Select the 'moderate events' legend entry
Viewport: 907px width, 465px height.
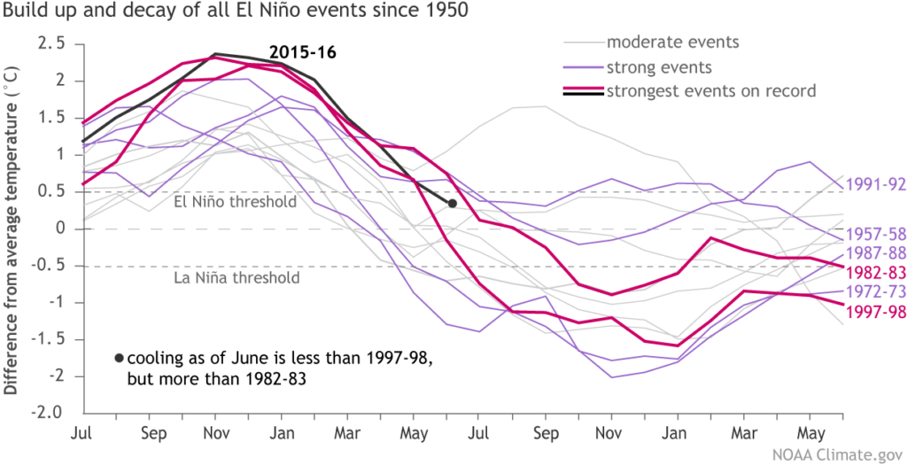tap(672, 42)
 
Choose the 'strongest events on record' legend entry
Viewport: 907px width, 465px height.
tap(709, 90)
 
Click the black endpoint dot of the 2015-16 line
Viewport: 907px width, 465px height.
tap(452, 204)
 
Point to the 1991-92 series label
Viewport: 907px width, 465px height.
tap(875, 185)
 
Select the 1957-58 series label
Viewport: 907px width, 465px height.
tap(875, 235)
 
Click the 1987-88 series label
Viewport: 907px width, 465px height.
tap(875, 254)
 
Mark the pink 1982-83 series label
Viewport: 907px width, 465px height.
tap(875, 272)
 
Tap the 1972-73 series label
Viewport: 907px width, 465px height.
tap(875, 291)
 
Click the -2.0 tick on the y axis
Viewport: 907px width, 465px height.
tap(50, 413)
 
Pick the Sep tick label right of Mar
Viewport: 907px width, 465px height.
tap(546, 434)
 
